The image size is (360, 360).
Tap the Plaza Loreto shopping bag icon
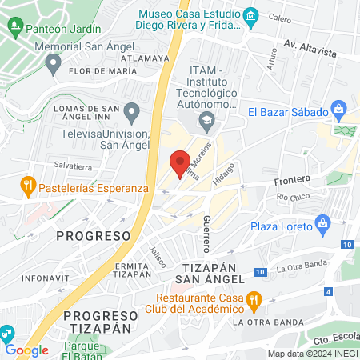tap(323, 222)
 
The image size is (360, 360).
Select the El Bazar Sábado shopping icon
tap(340, 107)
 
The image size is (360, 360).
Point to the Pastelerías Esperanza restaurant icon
tap(28, 184)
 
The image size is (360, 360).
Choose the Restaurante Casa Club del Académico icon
tap(254, 302)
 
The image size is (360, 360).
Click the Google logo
tap(27, 350)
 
